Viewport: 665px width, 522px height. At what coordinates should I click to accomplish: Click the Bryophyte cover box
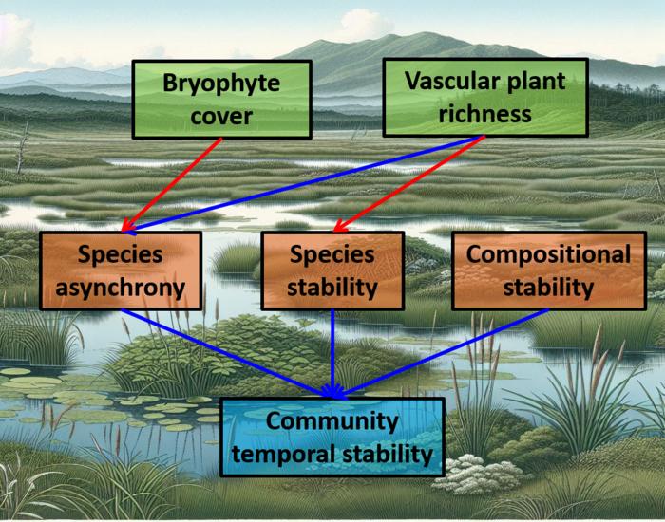pyautogui.click(x=221, y=99)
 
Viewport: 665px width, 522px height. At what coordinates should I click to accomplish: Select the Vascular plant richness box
pyautogui.click(x=485, y=98)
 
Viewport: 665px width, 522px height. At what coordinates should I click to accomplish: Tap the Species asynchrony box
pyautogui.click(x=121, y=270)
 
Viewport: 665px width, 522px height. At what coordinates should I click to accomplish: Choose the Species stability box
pyautogui.click(x=332, y=270)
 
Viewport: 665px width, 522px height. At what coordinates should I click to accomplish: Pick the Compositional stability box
pyautogui.click(x=548, y=270)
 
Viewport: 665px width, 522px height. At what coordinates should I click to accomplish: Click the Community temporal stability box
pyautogui.click(x=332, y=437)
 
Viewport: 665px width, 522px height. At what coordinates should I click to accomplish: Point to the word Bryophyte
pyautogui.click(x=221, y=84)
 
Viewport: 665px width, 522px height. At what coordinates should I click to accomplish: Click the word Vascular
pyautogui.click(x=447, y=81)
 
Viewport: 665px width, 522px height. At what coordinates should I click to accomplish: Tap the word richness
pyautogui.click(x=484, y=114)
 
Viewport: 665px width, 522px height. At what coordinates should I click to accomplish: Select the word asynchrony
pyautogui.click(x=121, y=289)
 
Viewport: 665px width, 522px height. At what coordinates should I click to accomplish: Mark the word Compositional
pyautogui.click(x=548, y=254)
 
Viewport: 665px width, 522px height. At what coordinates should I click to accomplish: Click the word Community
pyautogui.click(x=332, y=420)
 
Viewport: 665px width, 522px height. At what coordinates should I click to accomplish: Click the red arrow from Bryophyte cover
pyautogui.click(x=172, y=185)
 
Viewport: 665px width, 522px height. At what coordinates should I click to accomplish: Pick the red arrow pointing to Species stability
pyautogui.click(x=409, y=184)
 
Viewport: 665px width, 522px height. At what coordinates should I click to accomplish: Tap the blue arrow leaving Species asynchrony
pyautogui.click(x=228, y=354)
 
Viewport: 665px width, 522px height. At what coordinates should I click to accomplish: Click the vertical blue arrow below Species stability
pyautogui.click(x=332, y=354)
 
